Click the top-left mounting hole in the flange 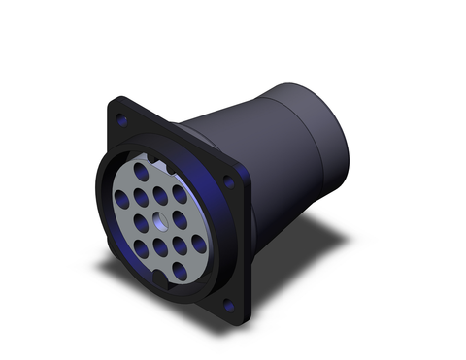pos(121,121)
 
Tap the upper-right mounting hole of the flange pos(229,180)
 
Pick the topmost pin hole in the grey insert pos(141,173)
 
